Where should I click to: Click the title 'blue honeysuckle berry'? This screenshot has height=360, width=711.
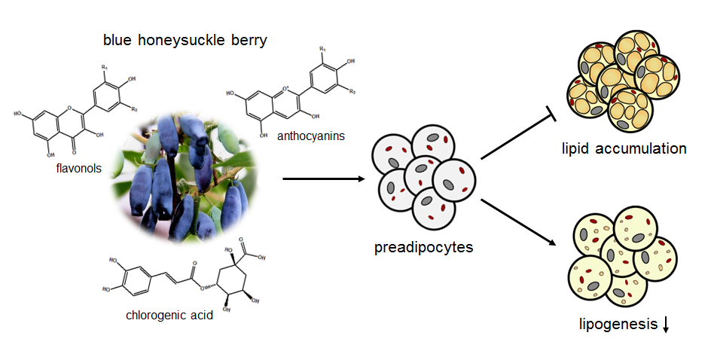click(185, 40)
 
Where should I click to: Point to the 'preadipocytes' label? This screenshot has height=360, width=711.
click(423, 246)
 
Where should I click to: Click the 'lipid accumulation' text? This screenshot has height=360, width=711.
click(624, 148)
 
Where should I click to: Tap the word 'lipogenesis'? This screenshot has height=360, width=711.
click(617, 325)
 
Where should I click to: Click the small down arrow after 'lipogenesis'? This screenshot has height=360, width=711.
click(666, 325)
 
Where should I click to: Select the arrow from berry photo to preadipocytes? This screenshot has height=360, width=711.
click(324, 179)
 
